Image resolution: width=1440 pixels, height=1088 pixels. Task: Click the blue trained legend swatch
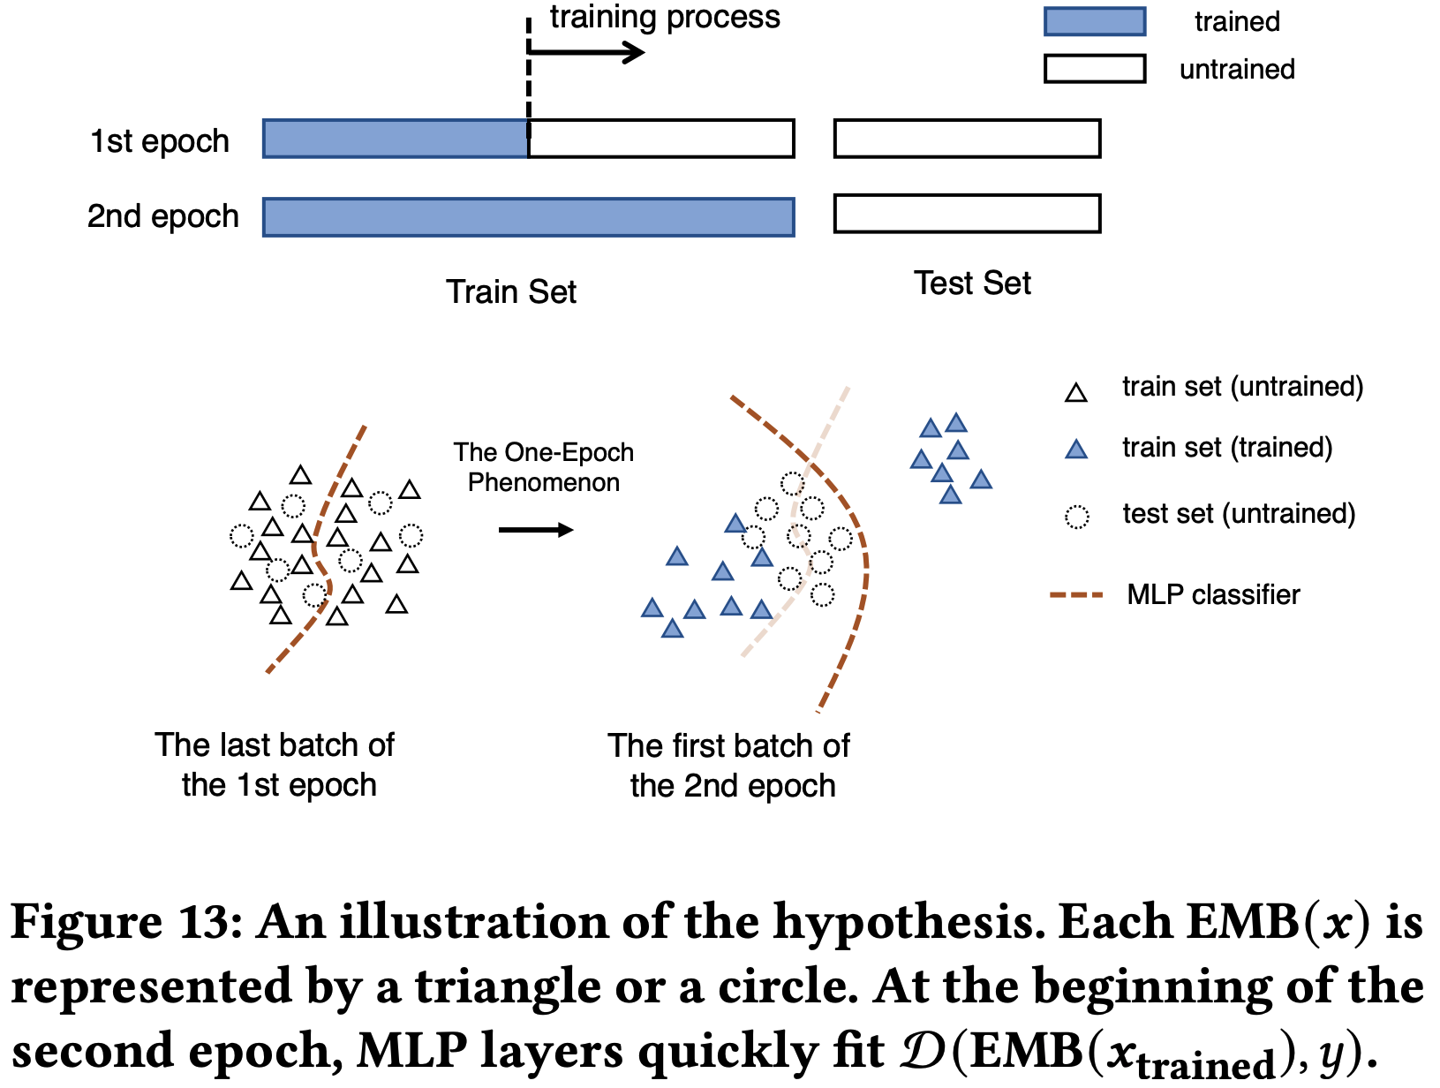click(x=1094, y=21)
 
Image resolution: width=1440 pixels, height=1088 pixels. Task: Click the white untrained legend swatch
click(x=1094, y=69)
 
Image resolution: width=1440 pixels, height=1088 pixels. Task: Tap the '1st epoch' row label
click(x=160, y=141)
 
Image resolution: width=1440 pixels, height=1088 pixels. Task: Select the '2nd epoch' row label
click(x=162, y=216)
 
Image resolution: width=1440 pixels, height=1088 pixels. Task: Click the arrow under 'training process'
click(x=587, y=53)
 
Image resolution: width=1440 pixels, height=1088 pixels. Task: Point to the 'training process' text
click(x=665, y=18)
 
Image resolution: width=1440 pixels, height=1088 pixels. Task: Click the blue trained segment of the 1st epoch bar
click(x=396, y=139)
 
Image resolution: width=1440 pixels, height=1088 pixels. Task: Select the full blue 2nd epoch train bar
click(x=528, y=217)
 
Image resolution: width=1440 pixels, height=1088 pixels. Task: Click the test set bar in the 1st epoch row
click(x=967, y=139)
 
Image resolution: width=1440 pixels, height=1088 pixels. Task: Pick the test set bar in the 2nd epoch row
click(x=967, y=214)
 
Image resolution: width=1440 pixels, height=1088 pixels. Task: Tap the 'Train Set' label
click(x=510, y=291)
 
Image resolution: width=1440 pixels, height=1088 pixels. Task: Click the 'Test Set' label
click(x=972, y=283)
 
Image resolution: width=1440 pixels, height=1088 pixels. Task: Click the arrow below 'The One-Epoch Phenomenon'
click(x=536, y=530)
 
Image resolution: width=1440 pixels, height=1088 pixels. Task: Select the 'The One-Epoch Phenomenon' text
click(x=544, y=467)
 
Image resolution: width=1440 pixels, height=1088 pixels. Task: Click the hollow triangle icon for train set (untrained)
click(x=1075, y=393)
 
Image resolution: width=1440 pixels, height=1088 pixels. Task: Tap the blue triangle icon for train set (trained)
click(x=1075, y=450)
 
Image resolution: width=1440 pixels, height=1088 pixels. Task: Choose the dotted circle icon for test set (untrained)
click(x=1076, y=517)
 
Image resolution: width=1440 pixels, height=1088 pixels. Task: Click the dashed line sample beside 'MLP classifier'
click(x=1076, y=595)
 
